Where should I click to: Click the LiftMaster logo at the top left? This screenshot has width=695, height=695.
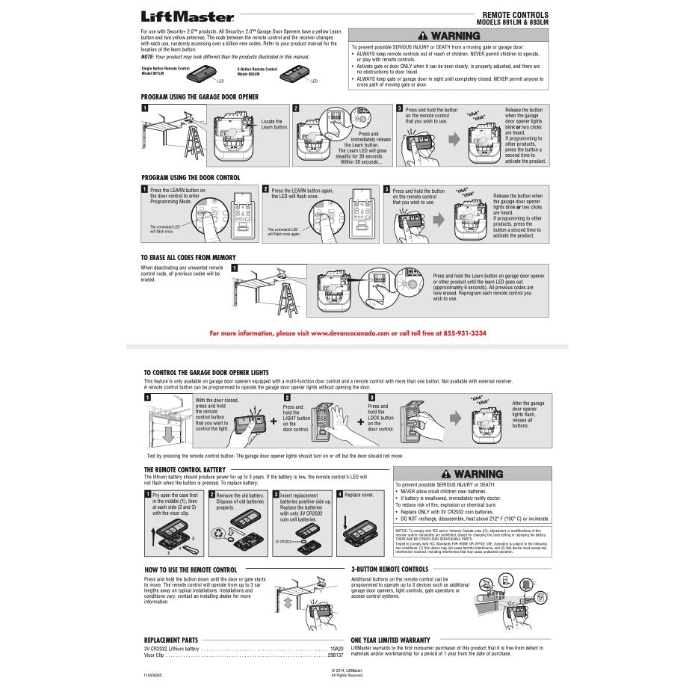188,16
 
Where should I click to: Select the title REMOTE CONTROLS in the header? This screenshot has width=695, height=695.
515,15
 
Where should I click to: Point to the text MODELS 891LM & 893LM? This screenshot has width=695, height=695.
512,22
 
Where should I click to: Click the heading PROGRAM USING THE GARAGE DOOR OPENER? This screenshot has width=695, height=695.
200,97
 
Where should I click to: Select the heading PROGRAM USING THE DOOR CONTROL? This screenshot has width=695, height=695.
191,178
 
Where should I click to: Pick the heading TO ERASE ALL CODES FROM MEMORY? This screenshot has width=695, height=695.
188,257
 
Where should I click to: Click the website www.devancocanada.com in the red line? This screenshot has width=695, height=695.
350,333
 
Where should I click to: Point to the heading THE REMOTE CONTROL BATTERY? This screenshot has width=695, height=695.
185,470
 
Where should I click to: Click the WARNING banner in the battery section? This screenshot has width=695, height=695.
472,474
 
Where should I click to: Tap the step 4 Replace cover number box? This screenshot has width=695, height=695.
339,495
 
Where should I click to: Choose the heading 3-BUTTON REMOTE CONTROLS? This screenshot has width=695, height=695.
389,569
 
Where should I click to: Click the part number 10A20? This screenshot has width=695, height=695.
337,649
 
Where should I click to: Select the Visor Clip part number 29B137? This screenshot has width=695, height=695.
336,655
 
